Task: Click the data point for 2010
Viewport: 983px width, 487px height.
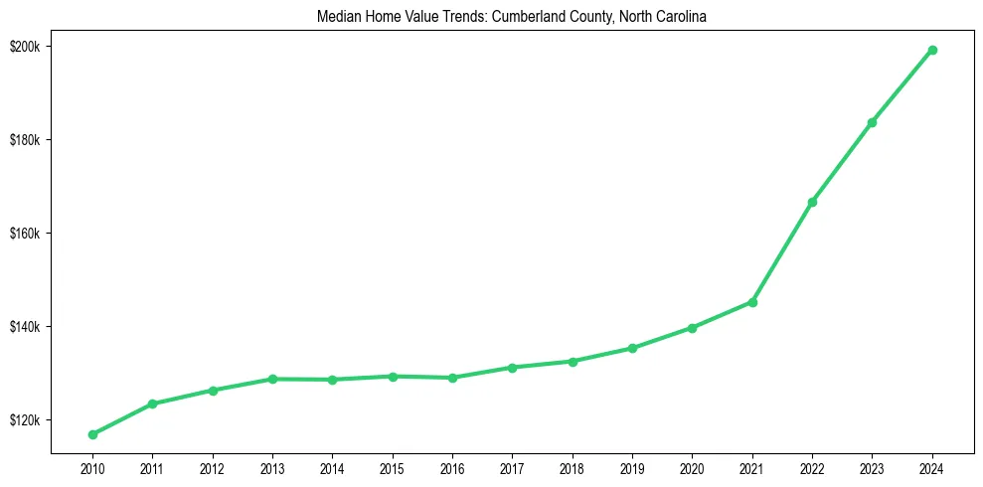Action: click(92, 434)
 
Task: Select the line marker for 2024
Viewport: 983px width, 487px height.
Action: click(932, 50)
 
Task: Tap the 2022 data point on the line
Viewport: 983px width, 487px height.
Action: click(812, 202)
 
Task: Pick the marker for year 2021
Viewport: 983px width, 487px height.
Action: click(752, 302)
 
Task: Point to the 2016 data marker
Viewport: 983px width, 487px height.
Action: click(452, 378)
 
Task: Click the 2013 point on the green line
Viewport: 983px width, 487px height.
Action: click(272, 379)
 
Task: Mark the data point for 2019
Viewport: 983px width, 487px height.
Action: click(632, 348)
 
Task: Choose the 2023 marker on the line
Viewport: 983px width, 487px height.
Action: click(872, 122)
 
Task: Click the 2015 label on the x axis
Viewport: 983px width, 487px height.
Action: click(393, 467)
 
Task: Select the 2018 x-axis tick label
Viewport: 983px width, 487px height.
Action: click(573, 467)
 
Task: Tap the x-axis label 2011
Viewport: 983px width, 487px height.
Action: click(152, 467)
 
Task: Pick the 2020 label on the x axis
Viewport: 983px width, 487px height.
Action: click(692, 467)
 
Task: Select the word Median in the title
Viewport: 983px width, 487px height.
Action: click(339, 17)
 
